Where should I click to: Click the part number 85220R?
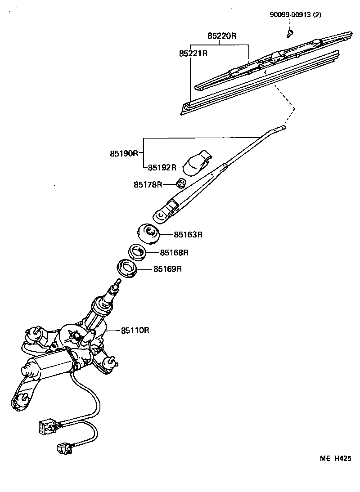tap(221, 36)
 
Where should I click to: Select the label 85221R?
tap(193, 53)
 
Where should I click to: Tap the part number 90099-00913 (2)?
tap(296, 14)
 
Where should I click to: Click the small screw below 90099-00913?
tap(290, 32)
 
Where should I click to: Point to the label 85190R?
tap(123, 153)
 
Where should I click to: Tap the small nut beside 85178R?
tap(181, 183)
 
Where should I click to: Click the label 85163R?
tap(189, 235)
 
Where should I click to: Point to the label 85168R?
tap(174, 253)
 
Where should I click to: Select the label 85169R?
tap(167, 269)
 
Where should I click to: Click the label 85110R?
tap(135, 331)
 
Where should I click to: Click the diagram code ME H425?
tap(335, 458)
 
